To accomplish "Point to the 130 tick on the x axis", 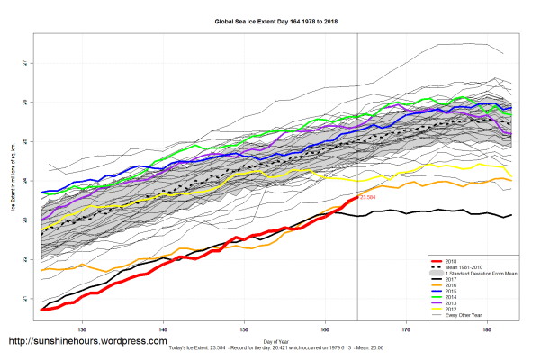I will [83, 328].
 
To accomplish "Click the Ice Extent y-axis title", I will [12, 181].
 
